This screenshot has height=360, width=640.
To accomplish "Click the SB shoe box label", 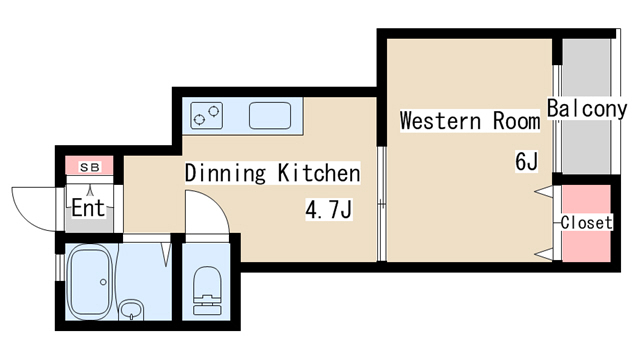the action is [90, 167].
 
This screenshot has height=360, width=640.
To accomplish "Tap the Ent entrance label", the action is [89, 208].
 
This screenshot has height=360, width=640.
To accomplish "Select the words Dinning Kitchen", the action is [273, 173].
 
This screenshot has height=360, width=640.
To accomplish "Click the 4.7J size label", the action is [329, 210].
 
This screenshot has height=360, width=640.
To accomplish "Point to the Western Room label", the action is [470, 121].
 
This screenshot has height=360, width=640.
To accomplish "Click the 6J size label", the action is [527, 161].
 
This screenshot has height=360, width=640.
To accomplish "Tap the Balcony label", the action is [587, 109].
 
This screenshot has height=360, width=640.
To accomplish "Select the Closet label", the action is [587, 223].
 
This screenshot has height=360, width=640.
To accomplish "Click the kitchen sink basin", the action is [270, 116].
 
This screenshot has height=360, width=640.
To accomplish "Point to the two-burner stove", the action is [207, 116].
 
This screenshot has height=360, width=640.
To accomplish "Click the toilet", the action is [207, 290].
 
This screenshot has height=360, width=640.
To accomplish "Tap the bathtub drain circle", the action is [103, 282].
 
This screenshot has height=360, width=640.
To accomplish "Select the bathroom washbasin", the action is [131, 310].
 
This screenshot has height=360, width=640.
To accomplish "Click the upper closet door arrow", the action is [544, 191].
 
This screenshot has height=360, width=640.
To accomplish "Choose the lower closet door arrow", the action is [544, 255].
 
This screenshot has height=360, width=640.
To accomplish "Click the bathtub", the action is [90, 282].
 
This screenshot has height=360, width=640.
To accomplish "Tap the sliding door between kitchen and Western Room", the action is [381, 203].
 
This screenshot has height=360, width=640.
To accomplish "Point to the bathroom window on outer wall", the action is [60, 267].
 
